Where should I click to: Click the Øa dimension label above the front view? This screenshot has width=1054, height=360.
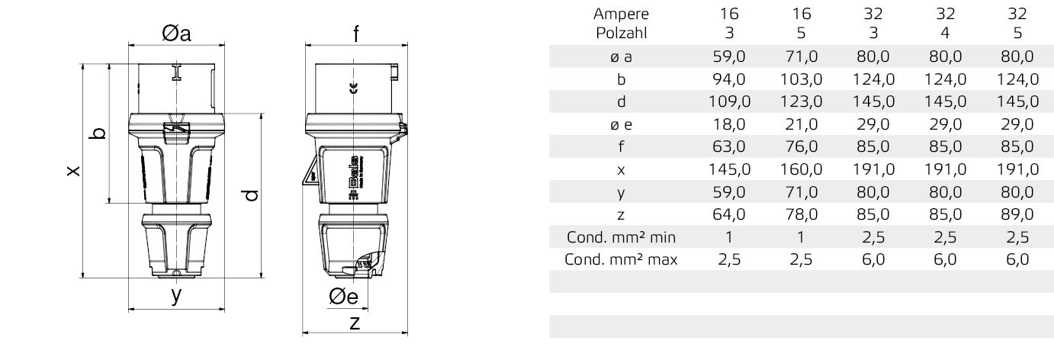point(176,34)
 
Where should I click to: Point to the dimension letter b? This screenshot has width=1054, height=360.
point(98,134)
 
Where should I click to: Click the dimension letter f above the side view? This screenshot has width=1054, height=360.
point(355,34)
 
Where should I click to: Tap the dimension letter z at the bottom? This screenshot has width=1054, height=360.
point(354,323)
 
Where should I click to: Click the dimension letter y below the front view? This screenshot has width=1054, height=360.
point(176,295)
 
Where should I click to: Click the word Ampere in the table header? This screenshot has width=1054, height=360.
point(621,13)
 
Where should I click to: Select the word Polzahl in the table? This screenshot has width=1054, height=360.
point(621,32)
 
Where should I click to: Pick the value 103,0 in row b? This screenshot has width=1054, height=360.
point(802,79)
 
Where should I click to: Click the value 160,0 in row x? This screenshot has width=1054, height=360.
point(802,169)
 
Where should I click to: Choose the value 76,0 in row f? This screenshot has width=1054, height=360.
point(802,146)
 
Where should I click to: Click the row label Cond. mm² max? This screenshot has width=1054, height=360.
point(621,259)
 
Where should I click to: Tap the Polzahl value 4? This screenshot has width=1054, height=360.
point(946,32)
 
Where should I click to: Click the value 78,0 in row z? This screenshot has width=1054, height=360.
point(802,214)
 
